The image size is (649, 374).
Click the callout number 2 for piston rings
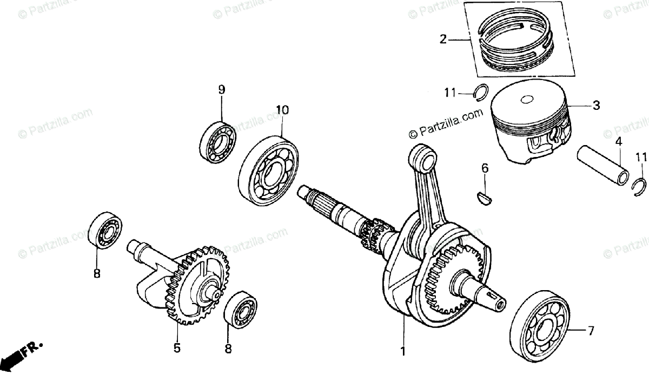pos(443,38)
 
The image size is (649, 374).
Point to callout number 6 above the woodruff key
pos(485,169)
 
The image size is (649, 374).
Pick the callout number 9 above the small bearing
pos(221,90)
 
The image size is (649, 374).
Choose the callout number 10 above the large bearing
pos(282,110)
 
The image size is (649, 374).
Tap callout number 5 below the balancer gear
pos(177,349)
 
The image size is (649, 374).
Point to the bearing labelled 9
pos(218,142)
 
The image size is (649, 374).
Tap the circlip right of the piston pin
pos(639,187)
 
